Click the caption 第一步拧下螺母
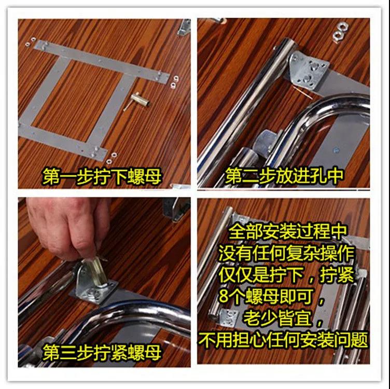(102, 176)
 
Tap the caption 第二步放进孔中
(284, 176)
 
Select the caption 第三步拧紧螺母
(102, 352)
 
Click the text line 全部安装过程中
(287, 232)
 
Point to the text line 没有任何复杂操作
(286, 254)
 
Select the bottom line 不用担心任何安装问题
(283, 340)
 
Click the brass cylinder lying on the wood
(140, 99)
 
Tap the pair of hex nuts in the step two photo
(340, 32)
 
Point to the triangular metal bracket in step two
(309, 71)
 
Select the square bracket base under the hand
(94, 294)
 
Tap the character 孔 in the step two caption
(318, 176)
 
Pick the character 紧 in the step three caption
(119, 352)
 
